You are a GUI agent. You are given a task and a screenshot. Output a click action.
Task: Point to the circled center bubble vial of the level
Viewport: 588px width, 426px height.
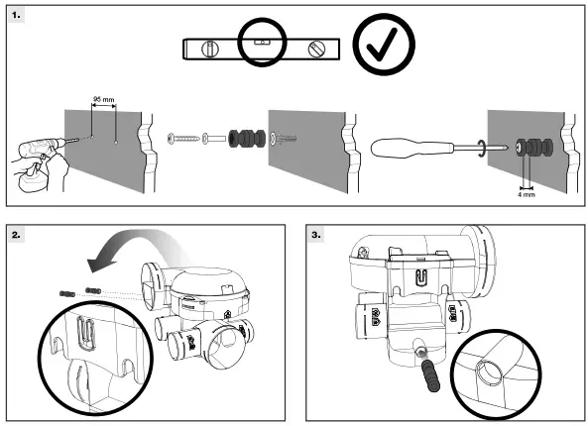click(x=261, y=44)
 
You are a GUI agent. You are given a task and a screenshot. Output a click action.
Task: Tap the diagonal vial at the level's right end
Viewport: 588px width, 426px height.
click(x=316, y=48)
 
